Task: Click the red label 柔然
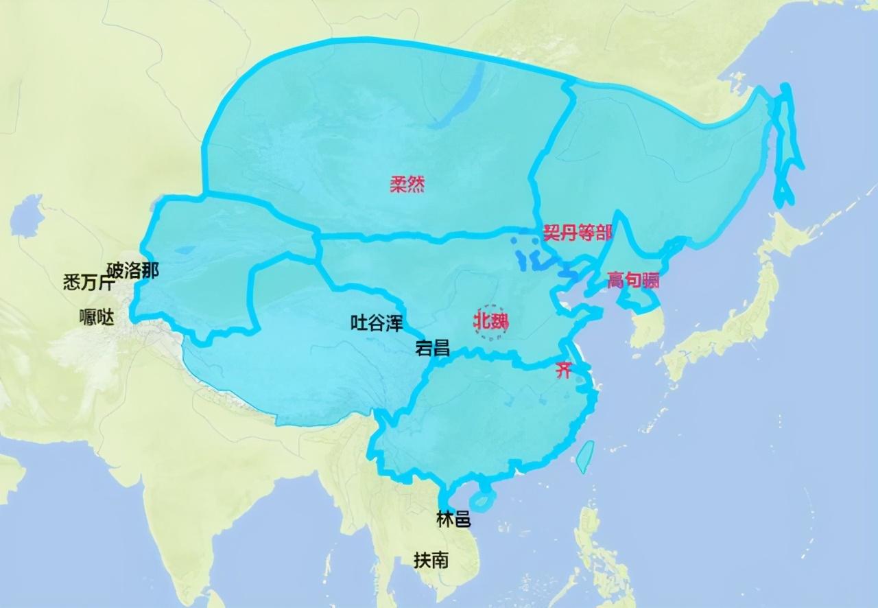click(x=407, y=184)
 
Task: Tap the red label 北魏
click(x=490, y=321)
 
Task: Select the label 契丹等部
click(x=577, y=233)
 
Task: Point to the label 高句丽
click(x=633, y=279)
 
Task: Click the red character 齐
click(x=563, y=371)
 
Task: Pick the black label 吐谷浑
click(x=377, y=323)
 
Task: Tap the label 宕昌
click(x=433, y=348)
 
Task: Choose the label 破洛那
click(x=132, y=270)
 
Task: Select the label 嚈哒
click(x=97, y=318)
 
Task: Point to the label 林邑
click(x=453, y=519)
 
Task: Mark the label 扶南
click(x=431, y=560)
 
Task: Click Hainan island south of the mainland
click(x=484, y=500)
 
